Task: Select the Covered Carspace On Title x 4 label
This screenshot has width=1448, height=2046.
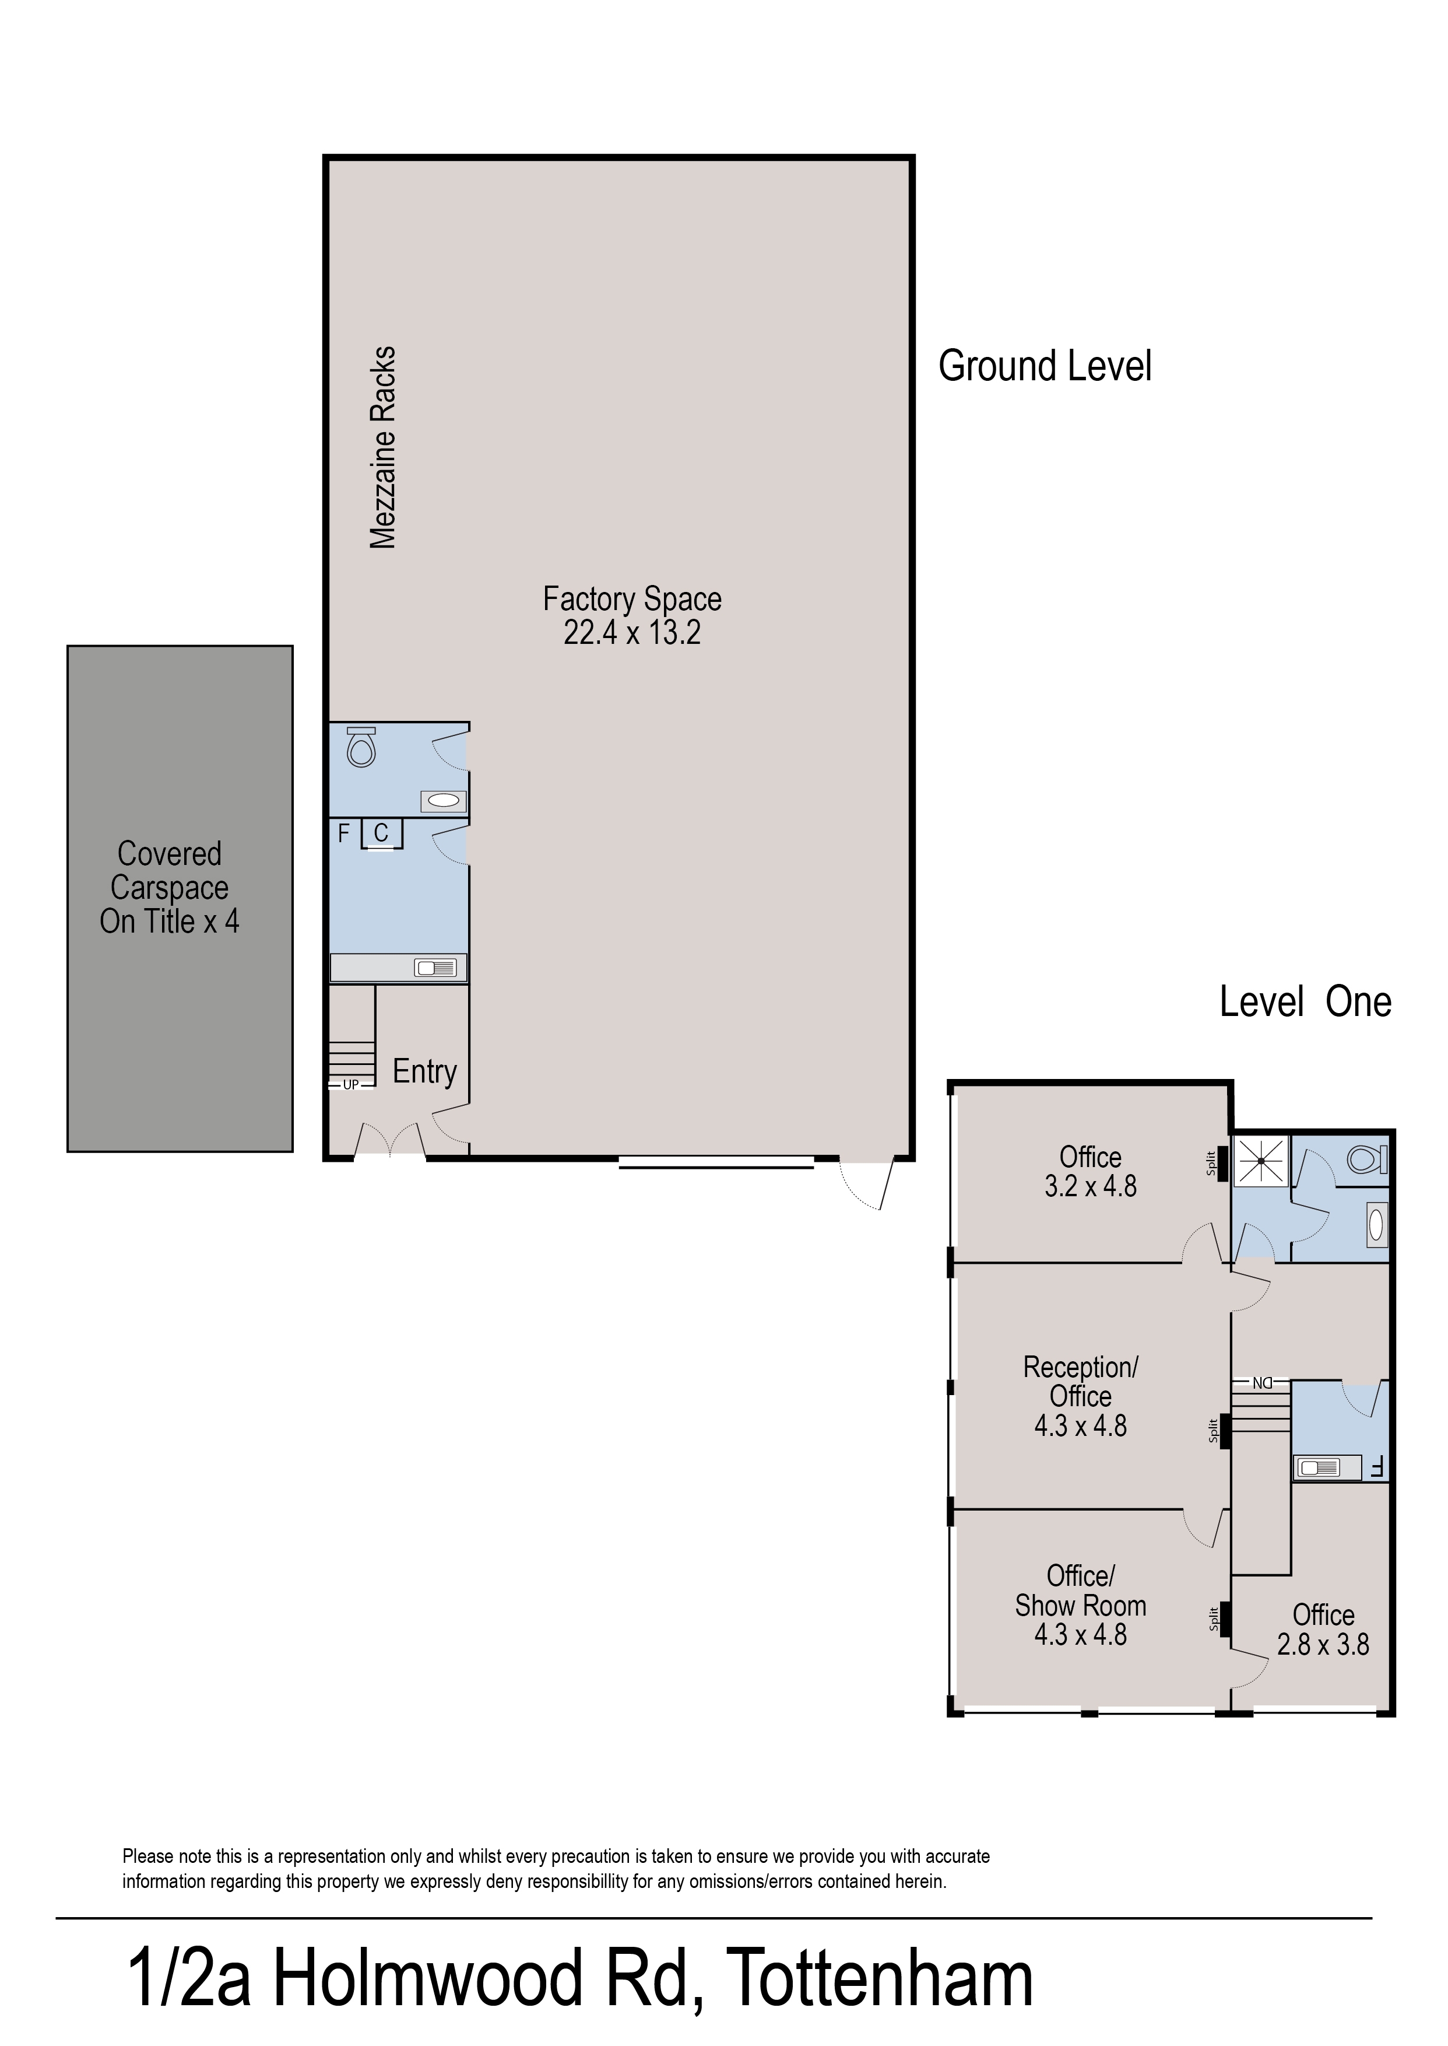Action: click(170, 888)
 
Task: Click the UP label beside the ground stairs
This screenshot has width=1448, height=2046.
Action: click(350, 1085)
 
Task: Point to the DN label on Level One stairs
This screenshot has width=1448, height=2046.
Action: click(1261, 1383)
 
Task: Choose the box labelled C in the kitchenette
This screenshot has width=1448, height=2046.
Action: click(382, 833)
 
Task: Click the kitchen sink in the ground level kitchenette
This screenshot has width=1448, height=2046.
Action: click(435, 968)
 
